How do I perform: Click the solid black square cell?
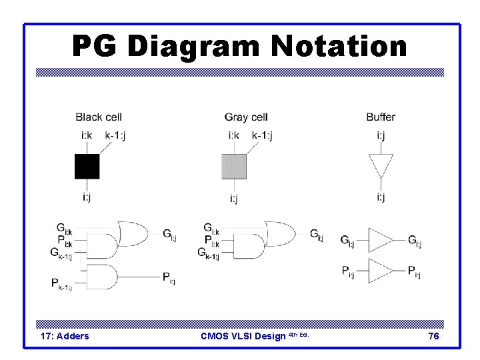pos(87,167)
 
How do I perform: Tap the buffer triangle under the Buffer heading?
pos(381,165)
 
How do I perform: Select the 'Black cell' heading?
pos(98,117)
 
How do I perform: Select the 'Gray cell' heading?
pos(246,117)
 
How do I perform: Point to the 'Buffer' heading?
pos(380,117)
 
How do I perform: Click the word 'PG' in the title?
pos(95,47)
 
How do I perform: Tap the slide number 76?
pos(433,337)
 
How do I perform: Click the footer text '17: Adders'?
pos(65,337)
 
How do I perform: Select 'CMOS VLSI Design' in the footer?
pos(244,337)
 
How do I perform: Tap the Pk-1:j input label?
pos(61,283)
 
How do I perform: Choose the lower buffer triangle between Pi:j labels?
pos(381,270)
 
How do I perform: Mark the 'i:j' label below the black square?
pos(87,197)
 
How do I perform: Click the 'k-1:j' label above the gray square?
pos(262,136)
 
